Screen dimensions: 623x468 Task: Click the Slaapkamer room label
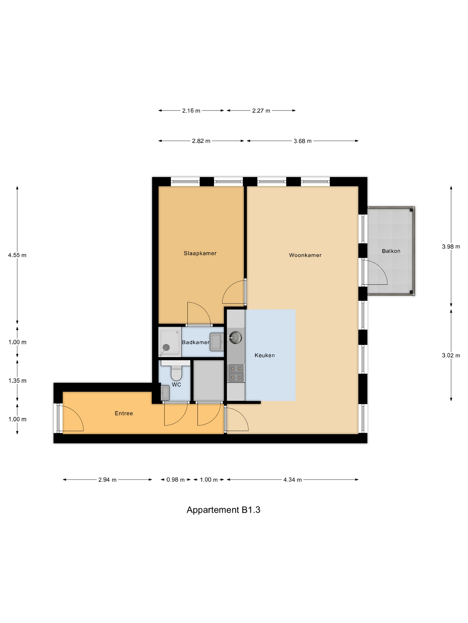200,253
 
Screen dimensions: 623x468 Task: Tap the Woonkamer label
305,255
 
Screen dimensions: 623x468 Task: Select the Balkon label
391,251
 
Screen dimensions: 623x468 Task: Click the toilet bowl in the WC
176,373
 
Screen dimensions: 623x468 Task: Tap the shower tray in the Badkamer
170,342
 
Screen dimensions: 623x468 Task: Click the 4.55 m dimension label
17,255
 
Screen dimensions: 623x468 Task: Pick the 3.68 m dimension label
302,141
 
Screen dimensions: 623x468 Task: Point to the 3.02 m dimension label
451,355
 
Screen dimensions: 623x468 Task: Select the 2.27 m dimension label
261,111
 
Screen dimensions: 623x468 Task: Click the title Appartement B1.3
223,510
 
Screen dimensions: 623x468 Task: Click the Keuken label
264,355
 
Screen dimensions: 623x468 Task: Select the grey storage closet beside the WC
208,380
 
